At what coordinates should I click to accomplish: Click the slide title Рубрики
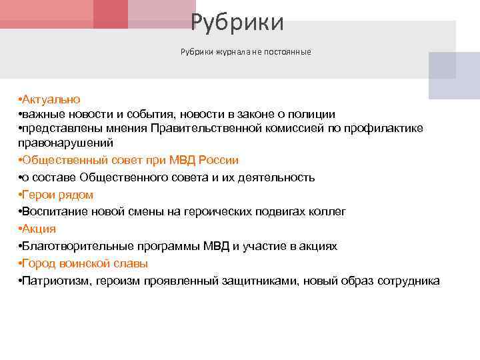point(237,23)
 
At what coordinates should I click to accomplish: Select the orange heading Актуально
point(51,99)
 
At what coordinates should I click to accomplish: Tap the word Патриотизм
point(53,281)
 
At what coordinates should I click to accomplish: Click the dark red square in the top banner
point(110,14)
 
